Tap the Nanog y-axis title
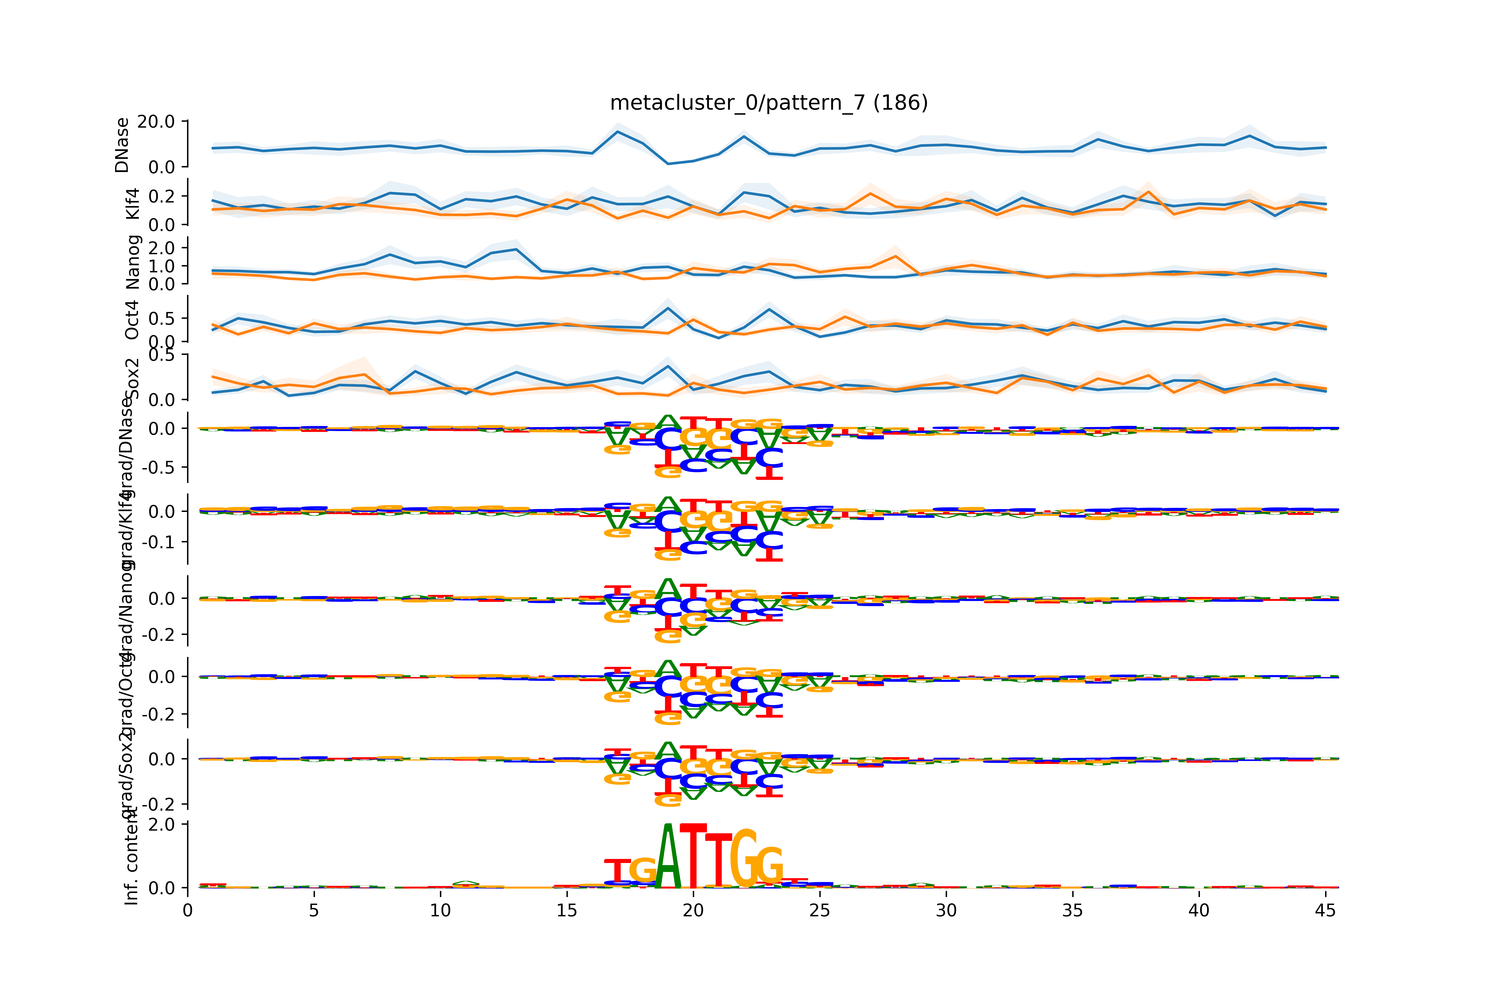pos(133,262)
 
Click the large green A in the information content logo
pos(668,859)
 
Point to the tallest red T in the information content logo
pos(693,855)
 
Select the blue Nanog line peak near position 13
pos(516,249)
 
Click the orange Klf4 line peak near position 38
pos(1148,191)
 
